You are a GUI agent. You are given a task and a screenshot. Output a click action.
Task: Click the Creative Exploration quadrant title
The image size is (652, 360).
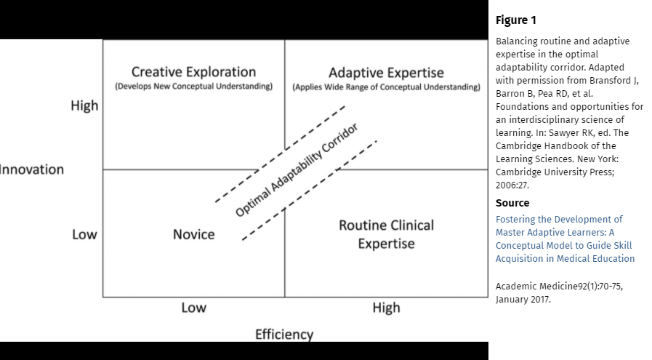point(193,72)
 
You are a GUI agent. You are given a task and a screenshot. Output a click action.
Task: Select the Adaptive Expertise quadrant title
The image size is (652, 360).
point(386,73)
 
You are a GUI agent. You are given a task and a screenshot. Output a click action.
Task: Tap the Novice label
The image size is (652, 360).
point(193,234)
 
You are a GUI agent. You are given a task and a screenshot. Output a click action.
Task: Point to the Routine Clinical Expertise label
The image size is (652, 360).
point(386,233)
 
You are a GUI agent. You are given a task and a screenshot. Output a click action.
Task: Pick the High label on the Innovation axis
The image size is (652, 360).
point(84,105)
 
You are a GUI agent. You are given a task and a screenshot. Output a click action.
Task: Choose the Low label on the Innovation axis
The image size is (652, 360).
point(84,235)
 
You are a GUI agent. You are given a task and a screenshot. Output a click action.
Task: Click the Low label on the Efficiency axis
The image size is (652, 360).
point(193,308)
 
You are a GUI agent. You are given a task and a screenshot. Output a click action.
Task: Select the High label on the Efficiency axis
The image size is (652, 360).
point(386,308)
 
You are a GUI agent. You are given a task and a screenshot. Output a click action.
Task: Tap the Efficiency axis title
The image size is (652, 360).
point(284,335)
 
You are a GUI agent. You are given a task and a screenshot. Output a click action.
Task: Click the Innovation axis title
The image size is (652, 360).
point(32,169)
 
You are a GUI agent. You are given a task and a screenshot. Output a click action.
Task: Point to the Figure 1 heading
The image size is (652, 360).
point(516,20)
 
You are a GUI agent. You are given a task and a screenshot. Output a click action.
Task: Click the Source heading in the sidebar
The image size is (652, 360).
point(512,203)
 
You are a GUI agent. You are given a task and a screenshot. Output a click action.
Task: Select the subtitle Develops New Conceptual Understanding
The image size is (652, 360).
point(193,87)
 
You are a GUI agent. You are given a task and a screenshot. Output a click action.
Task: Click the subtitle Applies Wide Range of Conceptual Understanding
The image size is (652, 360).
point(386,87)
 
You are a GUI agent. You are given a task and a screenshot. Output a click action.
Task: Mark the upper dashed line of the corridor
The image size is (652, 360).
point(280,154)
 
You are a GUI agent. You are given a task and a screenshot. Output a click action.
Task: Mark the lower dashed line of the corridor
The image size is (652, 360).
point(309,190)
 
